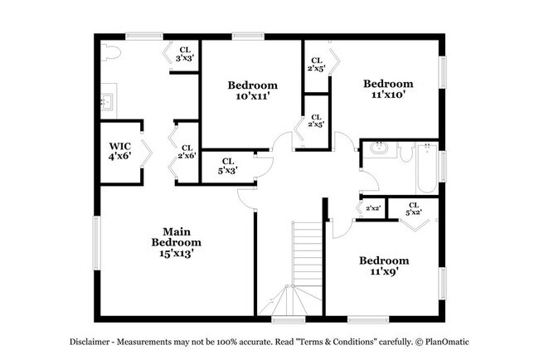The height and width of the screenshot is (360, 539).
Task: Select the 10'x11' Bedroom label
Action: tap(252, 90)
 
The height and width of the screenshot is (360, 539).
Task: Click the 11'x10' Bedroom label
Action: tap(386, 89)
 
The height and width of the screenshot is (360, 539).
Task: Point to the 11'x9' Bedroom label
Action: tap(383, 265)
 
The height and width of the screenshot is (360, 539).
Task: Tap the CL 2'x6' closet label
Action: tap(186, 152)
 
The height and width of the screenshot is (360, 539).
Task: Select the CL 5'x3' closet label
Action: tap(227, 165)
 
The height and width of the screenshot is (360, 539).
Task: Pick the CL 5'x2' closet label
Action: tap(413, 208)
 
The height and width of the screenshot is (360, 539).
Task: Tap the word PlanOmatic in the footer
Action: tap(451, 342)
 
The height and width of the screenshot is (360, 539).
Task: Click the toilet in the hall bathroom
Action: tap(405, 152)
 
